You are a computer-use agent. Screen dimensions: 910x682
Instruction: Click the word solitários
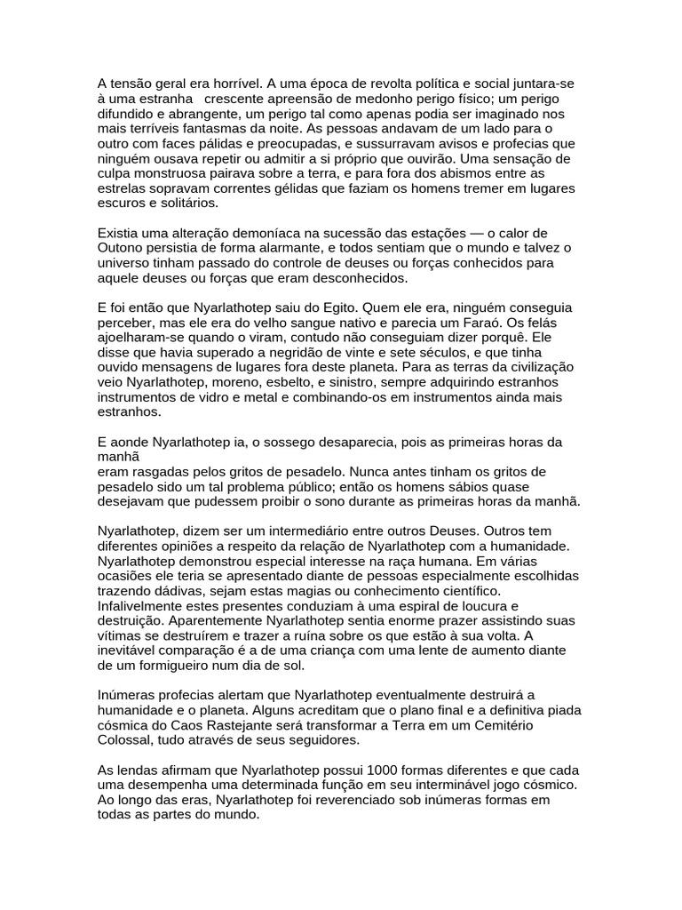[x=175, y=204]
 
